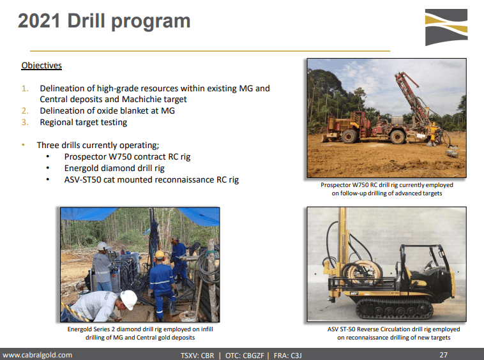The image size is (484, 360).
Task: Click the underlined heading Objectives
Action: click(x=42, y=65)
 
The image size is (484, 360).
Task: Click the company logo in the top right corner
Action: click(x=446, y=27)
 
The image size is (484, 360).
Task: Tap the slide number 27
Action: click(x=444, y=355)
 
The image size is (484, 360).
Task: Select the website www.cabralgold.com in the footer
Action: click(x=37, y=355)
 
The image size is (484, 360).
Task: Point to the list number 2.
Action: click(x=25, y=111)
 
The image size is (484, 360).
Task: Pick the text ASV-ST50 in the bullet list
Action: click(x=83, y=179)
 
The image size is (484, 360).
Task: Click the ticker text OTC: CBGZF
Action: click(x=245, y=356)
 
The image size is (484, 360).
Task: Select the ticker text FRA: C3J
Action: click(x=288, y=356)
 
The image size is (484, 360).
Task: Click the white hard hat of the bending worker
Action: click(x=129, y=299)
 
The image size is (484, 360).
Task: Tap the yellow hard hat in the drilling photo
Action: click(x=159, y=255)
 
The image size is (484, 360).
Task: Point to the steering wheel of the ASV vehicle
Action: click(x=429, y=265)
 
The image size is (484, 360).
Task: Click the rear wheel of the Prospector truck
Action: click(x=397, y=137)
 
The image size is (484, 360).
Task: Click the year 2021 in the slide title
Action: click(x=39, y=21)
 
